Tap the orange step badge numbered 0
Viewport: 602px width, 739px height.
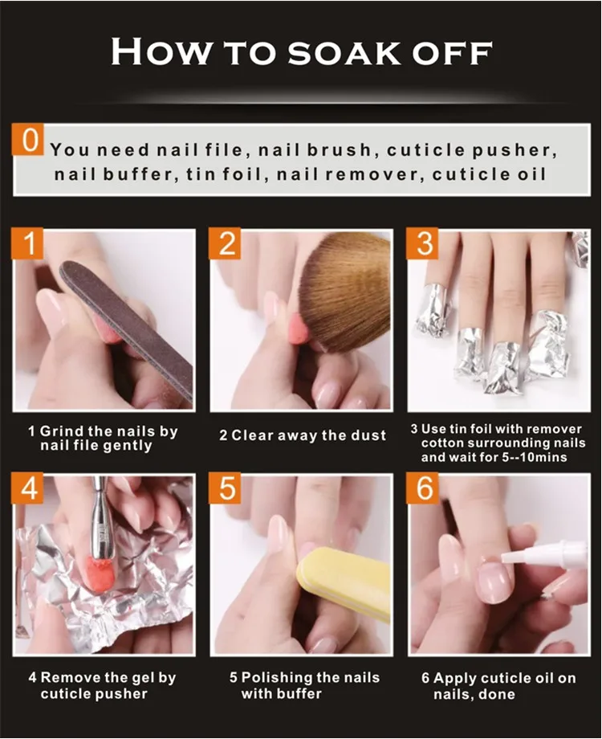click(28, 140)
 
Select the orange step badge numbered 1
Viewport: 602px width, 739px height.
click(28, 243)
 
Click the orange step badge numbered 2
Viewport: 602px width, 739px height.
click(225, 243)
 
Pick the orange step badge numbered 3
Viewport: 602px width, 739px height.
click(422, 243)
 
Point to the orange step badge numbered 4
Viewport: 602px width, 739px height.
click(28, 488)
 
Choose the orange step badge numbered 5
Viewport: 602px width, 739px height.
click(225, 488)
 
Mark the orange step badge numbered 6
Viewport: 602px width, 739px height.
click(422, 488)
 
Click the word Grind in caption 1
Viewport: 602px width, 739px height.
click(62, 431)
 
